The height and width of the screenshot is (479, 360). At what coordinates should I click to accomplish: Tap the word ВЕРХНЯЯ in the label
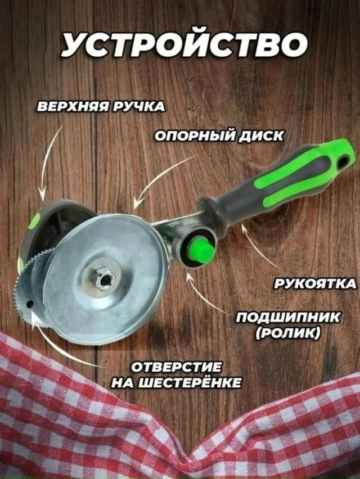click(73, 107)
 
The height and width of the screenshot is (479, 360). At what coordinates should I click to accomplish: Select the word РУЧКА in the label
click(138, 107)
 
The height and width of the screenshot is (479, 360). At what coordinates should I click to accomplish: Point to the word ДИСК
click(259, 137)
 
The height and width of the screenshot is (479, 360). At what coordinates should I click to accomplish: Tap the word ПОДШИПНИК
click(287, 318)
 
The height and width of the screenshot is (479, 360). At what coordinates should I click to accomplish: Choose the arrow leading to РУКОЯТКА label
click(259, 245)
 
